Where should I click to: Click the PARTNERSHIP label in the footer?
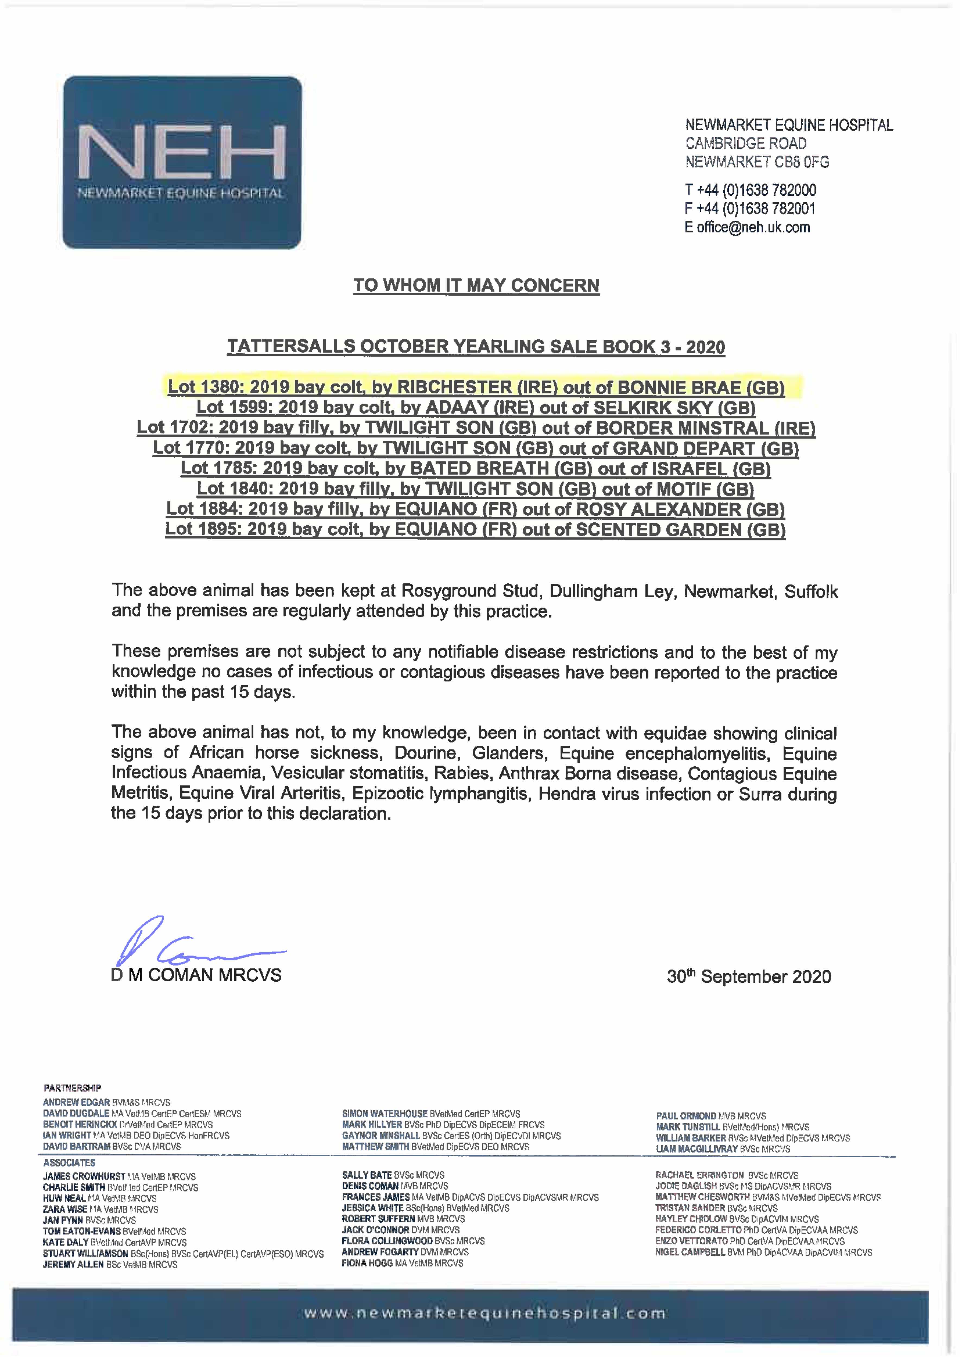(x=72, y=1087)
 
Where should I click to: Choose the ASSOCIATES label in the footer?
(x=69, y=1163)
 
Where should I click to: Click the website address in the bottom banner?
(x=485, y=1313)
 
